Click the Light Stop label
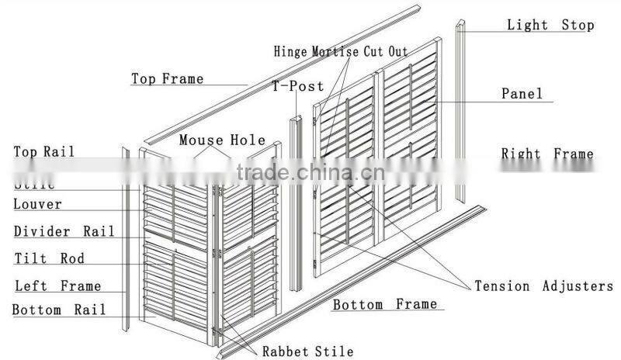point(550,25)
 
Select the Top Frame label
point(167,78)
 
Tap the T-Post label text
point(286,85)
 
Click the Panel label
point(522,94)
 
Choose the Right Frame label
point(546,154)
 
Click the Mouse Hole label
point(223,140)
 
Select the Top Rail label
point(44,151)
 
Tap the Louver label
point(37,205)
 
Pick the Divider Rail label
point(64,231)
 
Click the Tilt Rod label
point(49,258)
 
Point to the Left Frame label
point(58,286)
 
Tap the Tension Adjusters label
point(543,286)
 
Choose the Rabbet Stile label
point(307,351)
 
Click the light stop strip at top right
point(460,109)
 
